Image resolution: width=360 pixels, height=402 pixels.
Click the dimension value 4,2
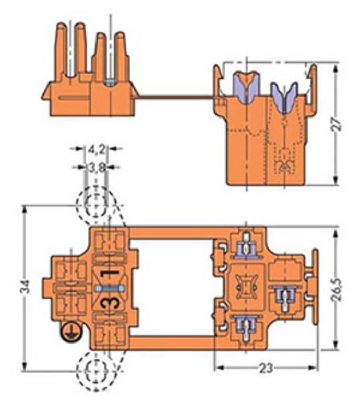[x=97, y=150]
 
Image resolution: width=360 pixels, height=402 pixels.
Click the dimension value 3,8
[x=97, y=168]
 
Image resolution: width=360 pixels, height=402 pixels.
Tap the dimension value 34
[x=26, y=287]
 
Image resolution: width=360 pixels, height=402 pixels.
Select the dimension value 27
[x=337, y=125]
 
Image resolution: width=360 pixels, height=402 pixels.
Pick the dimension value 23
[x=266, y=369]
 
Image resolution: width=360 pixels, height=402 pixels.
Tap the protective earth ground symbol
[x=70, y=332]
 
